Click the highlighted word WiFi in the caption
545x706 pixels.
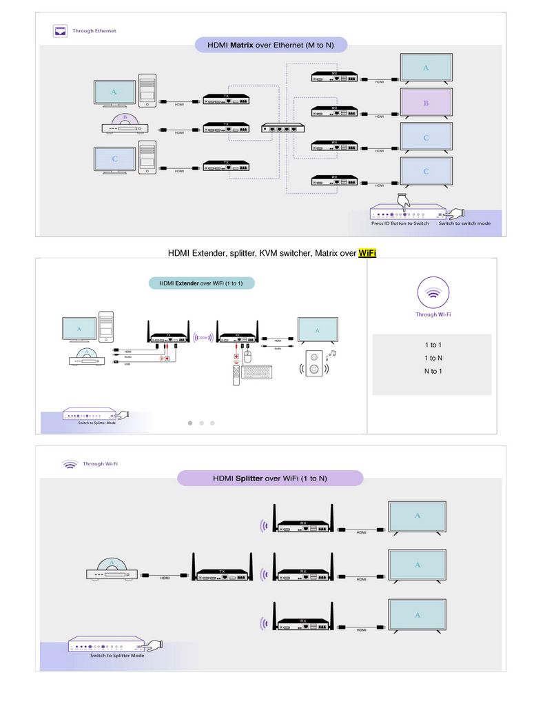click(367, 253)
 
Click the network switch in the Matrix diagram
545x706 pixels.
click(283, 128)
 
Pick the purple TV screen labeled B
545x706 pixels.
click(426, 103)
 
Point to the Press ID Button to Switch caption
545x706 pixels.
click(400, 223)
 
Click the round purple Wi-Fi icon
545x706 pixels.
click(433, 292)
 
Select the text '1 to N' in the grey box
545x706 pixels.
click(433, 358)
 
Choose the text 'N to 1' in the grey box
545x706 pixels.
click(433, 372)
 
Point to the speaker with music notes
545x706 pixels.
click(315, 363)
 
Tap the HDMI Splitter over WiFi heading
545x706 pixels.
click(269, 478)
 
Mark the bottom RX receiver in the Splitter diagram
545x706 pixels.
click(303, 624)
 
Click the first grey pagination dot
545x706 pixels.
click(190, 423)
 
